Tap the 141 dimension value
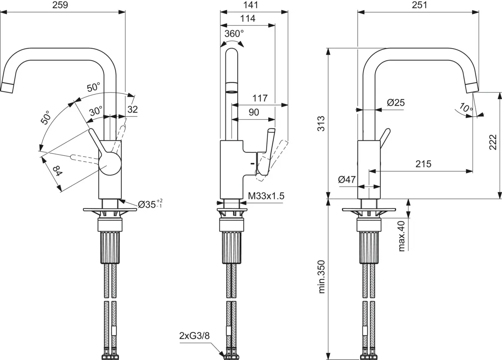(254, 5)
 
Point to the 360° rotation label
(233, 34)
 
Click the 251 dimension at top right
(418, 5)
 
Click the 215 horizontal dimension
(423, 164)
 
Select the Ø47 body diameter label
(346, 180)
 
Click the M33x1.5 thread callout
(266, 195)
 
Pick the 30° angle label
(95, 111)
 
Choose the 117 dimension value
(260, 98)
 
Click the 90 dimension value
(254, 112)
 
